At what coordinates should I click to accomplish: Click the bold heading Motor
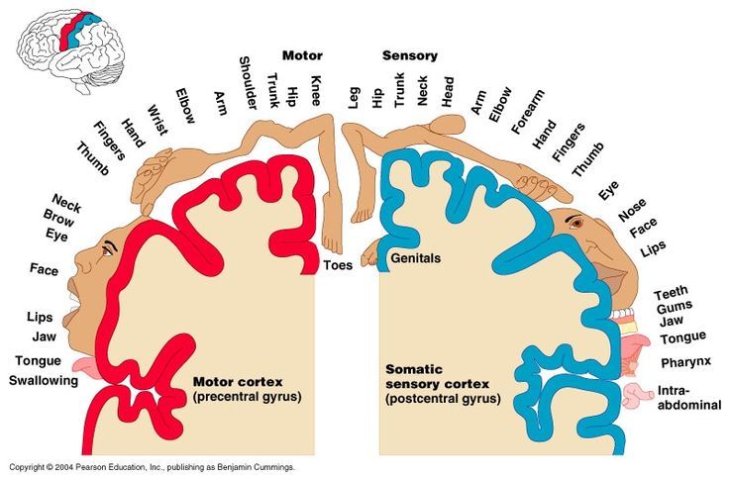(302, 55)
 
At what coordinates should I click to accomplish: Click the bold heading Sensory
(410, 56)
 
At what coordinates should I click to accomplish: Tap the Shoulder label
(248, 83)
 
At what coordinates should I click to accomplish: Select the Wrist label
(157, 120)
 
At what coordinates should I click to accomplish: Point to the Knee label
(316, 90)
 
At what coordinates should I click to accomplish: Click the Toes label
(338, 265)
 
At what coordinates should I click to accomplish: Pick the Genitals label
(415, 258)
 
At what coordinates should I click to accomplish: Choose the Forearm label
(527, 112)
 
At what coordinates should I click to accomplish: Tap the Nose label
(632, 210)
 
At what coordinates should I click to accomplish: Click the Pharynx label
(686, 362)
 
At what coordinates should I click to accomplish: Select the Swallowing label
(44, 381)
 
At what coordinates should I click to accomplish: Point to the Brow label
(58, 218)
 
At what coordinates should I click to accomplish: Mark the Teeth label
(671, 293)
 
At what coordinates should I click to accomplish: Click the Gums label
(675, 307)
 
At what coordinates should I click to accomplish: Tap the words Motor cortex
(238, 382)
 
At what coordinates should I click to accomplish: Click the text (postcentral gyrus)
(443, 399)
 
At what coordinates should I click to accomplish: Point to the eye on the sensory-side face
(577, 223)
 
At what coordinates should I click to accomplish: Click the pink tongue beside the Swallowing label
(85, 367)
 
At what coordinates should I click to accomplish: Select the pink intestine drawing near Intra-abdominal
(638, 396)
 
